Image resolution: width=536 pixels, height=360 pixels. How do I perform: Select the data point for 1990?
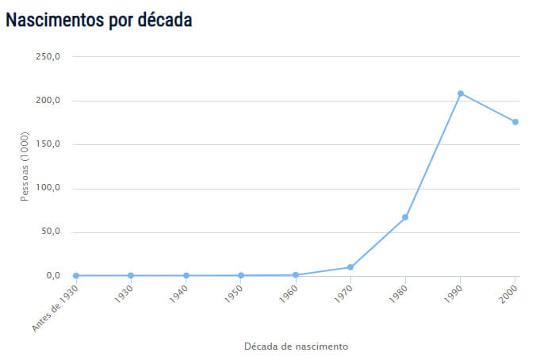pos(461,94)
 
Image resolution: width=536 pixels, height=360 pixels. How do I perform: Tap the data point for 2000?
pos(515,121)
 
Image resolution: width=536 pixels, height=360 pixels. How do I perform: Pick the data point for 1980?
pos(405,217)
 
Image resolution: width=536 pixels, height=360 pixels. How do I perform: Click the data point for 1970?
pos(350,267)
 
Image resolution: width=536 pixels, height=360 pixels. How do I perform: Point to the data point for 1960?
pos(296,275)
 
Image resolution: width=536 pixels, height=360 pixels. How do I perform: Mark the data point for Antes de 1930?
pos(76,276)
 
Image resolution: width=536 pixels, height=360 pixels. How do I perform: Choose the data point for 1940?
pos(186,276)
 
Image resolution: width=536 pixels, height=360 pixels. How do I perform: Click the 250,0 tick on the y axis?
pos(49,57)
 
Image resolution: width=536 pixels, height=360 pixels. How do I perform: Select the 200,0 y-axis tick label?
pos(49,101)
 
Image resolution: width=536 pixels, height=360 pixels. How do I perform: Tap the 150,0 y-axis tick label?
pos(49,144)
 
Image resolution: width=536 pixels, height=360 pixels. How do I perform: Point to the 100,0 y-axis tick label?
pos(49,189)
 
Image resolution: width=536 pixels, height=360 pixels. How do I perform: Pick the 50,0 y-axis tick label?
pos(51,232)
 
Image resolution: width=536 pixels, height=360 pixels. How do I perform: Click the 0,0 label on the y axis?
pos(53,276)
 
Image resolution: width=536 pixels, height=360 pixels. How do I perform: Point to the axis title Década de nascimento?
pos(296,347)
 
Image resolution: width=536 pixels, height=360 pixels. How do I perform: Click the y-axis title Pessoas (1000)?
pos(25,167)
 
